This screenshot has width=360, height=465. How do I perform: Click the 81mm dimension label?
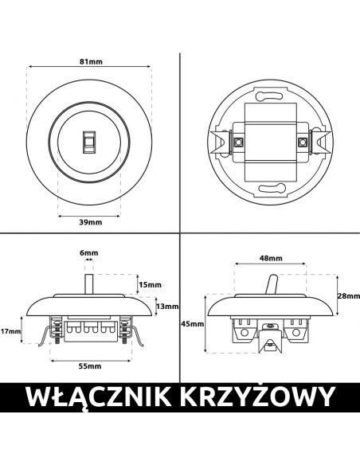(x=91, y=61)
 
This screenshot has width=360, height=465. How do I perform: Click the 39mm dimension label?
(x=91, y=222)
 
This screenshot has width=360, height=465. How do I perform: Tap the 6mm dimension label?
(x=89, y=253)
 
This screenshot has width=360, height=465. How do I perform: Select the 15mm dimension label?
(x=151, y=285)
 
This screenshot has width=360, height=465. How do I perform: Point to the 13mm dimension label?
(x=167, y=307)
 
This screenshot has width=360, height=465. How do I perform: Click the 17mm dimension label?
(x=10, y=331)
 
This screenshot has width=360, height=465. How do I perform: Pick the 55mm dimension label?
(x=90, y=366)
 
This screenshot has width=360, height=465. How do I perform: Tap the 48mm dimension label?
(x=271, y=258)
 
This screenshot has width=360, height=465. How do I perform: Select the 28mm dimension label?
(x=349, y=295)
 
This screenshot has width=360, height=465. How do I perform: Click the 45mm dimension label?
(x=193, y=323)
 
